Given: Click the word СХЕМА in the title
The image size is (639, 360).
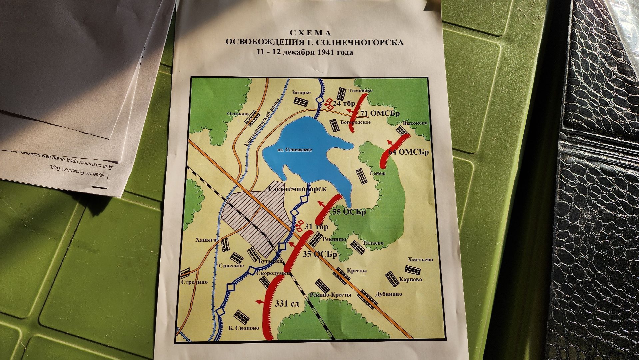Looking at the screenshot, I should tap(310, 33).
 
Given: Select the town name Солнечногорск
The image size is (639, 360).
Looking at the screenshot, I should tap(297, 189).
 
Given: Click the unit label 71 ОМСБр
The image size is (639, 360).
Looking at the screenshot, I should tap(380, 114).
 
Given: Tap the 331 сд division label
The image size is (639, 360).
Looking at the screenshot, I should tap(287, 304).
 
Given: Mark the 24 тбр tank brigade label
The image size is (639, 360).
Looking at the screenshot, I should tap(344, 104).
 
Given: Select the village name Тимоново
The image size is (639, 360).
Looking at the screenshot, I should tap(360, 90).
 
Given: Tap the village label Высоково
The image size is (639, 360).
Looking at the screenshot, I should tap(415, 123).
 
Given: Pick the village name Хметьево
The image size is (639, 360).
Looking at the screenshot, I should tap(420, 260).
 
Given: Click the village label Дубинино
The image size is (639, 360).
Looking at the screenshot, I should tap(388, 294).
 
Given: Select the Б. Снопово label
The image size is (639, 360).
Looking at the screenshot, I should tap(244, 328).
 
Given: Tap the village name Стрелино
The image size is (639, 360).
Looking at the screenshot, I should tap(194, 282).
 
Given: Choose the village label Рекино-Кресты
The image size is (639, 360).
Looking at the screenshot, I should tap(330, 295).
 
